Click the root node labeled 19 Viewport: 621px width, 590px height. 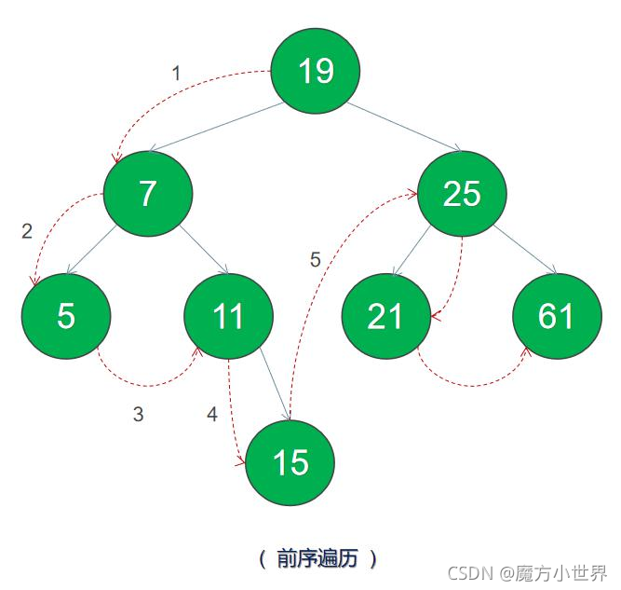click(315, 71)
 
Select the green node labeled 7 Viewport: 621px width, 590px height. click(147, 193)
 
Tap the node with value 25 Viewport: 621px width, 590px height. click(462, 193)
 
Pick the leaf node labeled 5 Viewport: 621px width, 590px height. click(65, 316)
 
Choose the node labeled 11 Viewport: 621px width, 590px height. click(228, 317)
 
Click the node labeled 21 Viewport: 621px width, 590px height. click(385, 317)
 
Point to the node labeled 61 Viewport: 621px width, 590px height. click(556, 317)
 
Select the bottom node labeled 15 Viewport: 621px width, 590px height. click(290, 462)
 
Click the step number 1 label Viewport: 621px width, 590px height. click(177, 73)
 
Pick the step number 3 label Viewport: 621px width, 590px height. click(138, 415)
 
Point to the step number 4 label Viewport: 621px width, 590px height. click(212, 415)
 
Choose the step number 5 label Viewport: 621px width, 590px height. click(315, 260)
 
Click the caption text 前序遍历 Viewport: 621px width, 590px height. click(317, 558)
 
